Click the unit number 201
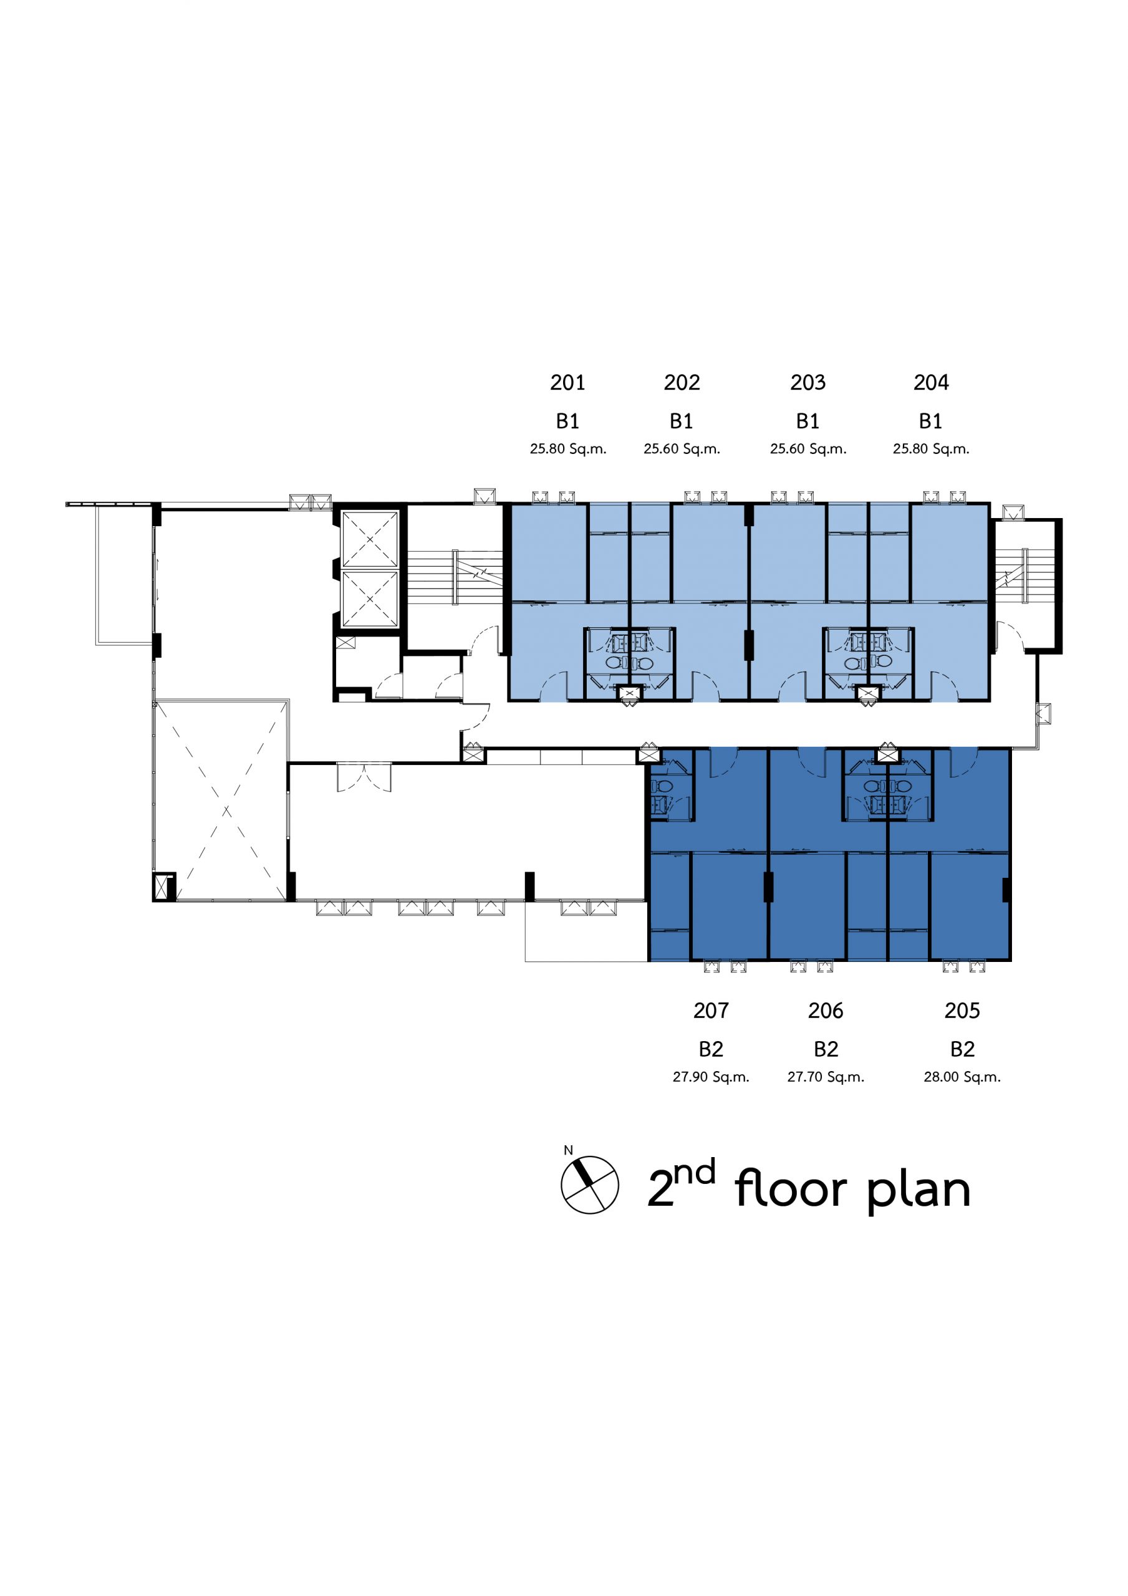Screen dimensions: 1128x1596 [567, 382]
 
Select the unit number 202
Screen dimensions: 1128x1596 [682, 382]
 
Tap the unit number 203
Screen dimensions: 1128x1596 [807, 382]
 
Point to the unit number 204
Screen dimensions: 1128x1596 [931, 382]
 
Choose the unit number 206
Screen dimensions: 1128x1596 [826, 1010]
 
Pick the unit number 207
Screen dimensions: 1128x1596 [711, 1010]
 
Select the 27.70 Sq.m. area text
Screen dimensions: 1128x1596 [826, 1077]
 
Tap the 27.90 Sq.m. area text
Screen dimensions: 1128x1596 [711, 1077]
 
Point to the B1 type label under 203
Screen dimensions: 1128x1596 [807, 421]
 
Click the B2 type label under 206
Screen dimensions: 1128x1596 [826, 1049]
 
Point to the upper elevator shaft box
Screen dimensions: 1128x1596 [369, 539]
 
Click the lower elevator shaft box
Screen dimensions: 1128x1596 [369, 598]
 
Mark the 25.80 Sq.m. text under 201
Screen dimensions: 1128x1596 [567, 449]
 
